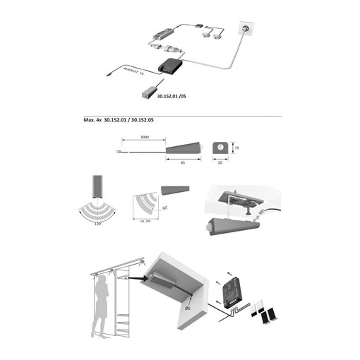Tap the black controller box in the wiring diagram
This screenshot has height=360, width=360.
(170, 66)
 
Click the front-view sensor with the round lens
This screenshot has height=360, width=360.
(220, 148)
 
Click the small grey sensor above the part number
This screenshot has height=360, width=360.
(149, 91)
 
